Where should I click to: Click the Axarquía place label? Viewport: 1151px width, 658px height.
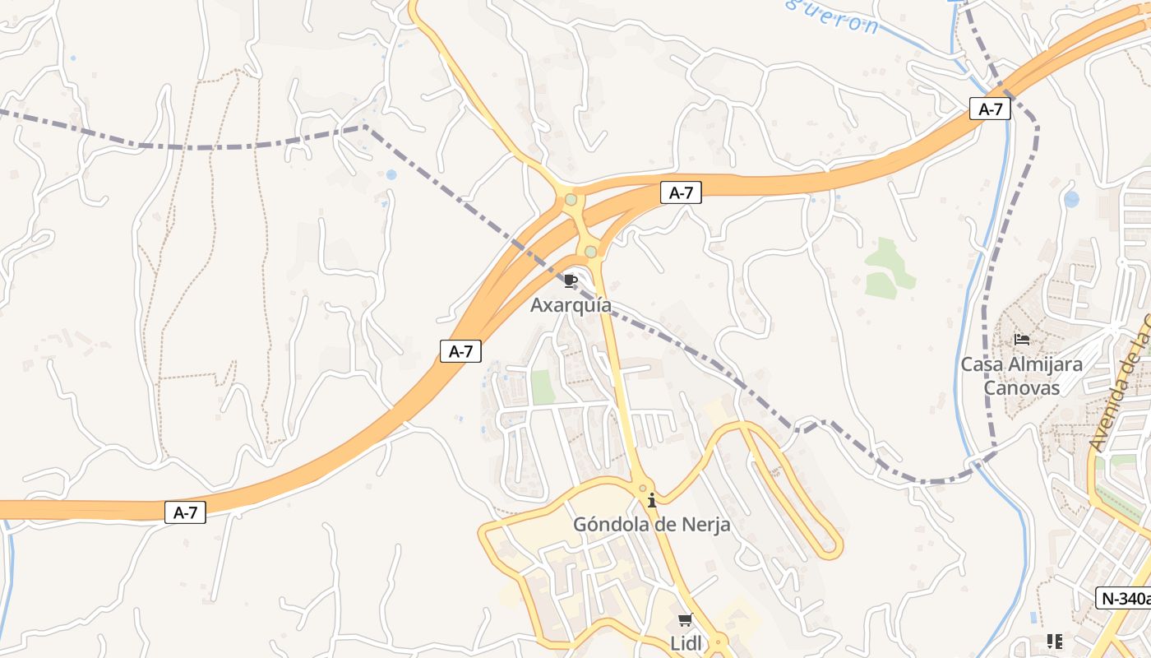click(571, 305)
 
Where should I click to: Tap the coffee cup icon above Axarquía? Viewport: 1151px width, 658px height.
click(571, 281)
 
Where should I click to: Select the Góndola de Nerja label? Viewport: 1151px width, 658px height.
click(651, 524)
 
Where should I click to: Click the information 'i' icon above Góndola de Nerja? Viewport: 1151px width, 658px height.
click(652, 499)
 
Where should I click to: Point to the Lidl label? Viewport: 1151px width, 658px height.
click(686, 643)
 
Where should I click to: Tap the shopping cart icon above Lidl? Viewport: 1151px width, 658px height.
click(686, 619)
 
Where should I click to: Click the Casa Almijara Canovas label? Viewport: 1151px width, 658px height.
click(1021, 375)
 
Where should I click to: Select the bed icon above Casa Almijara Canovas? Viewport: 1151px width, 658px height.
click(1022, 339)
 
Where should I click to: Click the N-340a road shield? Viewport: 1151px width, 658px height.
click(1123, 598)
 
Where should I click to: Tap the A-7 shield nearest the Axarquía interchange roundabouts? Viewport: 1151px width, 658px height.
click(682, 193)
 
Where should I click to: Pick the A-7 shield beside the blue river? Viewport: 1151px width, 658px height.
click(990, 109)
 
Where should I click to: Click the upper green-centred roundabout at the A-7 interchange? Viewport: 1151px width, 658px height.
click(571, 199)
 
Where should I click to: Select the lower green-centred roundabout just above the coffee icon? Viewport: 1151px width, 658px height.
click(590, 251)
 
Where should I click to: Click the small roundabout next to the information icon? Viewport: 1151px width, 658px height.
click(643, 488)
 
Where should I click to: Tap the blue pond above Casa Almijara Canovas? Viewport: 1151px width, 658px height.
click(1071, 199)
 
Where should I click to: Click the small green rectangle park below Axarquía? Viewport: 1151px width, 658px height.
click(543, 387)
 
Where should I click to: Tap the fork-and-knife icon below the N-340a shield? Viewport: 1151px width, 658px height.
click(1055, 641)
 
